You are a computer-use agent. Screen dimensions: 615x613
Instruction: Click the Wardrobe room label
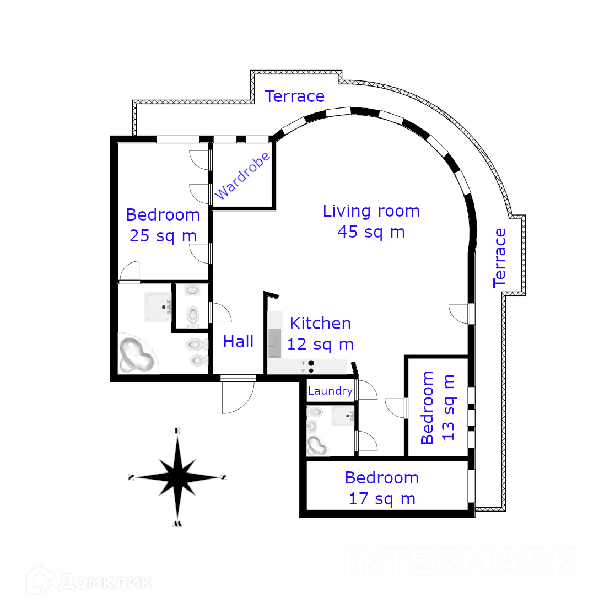(x=243, y=175)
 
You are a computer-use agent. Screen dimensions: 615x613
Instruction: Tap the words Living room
(x=371, y=211)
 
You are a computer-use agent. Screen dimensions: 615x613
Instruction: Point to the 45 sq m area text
(x=371, y=232)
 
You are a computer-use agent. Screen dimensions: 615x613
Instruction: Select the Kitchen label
(x=320, y=324)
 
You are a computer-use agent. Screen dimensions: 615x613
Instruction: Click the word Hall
(x=239, y=342)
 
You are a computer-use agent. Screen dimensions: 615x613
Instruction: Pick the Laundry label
(x=330, y=391)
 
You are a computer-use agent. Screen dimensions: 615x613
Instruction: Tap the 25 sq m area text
(x=163, y=236)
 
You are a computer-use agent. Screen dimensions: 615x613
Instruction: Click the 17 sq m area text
(x=382, y=499)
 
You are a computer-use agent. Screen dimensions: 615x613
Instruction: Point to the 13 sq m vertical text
(x=449, y=408)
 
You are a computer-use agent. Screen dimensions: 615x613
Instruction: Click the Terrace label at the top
(x=295, y=96)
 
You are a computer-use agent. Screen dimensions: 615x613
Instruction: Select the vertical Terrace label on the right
(x=499, y=258)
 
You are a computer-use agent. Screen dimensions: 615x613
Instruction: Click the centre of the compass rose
(x=177, y=476)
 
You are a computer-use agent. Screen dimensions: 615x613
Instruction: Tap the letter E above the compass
(x=177, y=431)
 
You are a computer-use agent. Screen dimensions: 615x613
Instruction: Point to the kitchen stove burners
(x=311, y=367)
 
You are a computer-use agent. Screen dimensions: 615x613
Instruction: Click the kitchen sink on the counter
(x=275, y=342)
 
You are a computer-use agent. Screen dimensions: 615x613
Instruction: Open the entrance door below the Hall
(x=238, y=394)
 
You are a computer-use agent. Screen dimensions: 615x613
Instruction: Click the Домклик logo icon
(x=40, y=580)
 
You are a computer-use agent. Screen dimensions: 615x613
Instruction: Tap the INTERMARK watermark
(x=461, y=562)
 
